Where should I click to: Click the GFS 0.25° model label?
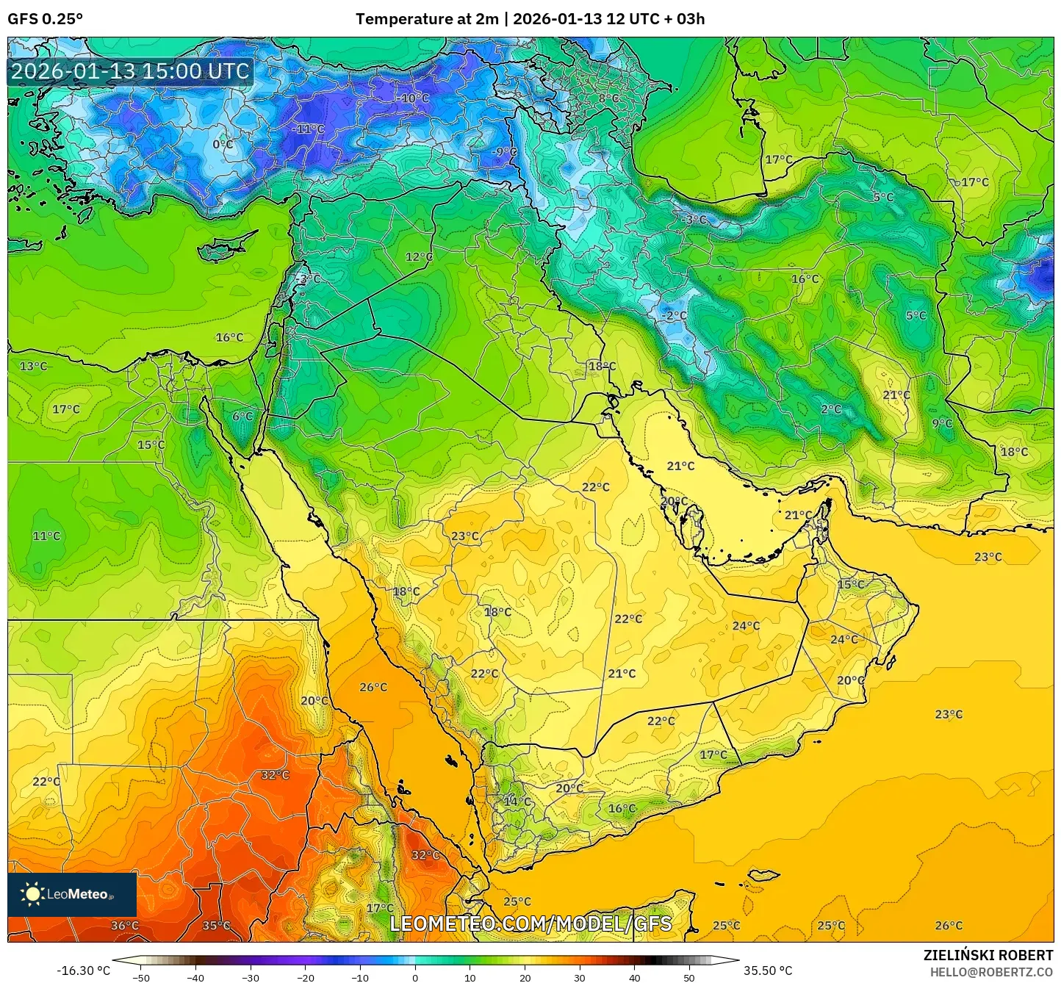(46, 19)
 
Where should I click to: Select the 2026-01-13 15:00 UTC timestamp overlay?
(130, 71)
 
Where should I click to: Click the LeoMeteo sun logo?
(33, 894)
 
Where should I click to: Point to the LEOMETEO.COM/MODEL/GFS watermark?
(530, 923)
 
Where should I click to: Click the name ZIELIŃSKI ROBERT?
(988, 955)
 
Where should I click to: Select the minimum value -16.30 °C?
(83, 971)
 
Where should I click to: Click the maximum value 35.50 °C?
(768, 971)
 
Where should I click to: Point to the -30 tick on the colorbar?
(251, 978)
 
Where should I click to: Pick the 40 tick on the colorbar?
(634, 978)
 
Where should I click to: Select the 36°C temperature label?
(124, 926)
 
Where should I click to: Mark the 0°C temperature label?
(223, 145)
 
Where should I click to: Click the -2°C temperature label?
(674, 316)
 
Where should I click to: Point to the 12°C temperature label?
(419, 257)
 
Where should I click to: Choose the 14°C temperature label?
(517, 802)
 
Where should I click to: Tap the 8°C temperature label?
(608, 98)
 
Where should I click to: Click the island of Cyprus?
(224, 248)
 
